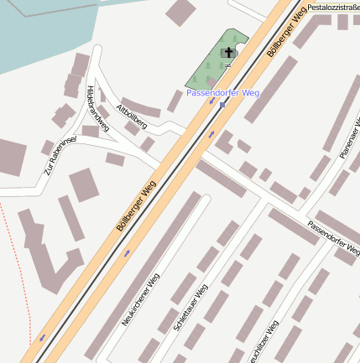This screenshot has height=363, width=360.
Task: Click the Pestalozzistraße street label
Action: tap(332, 7)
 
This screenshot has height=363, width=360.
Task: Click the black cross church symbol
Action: tap(227, 53)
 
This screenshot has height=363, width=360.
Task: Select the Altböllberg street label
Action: tap(133, 117)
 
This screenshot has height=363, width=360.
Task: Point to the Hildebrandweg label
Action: tap(97, 109)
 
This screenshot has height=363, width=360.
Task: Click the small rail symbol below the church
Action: tap(227, 65)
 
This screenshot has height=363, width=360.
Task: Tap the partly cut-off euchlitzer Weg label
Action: tap(262, 344)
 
